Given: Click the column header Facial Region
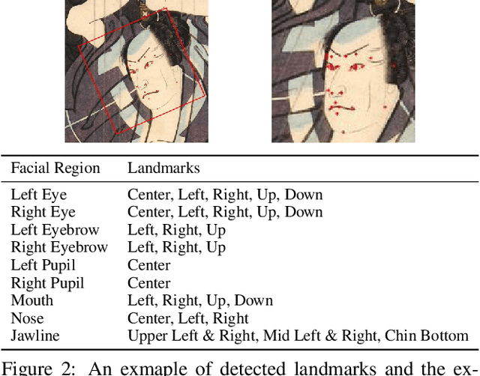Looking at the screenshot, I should coord(55,168).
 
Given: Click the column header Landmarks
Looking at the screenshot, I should coord(163,168).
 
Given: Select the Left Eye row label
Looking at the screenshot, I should coord(39,195).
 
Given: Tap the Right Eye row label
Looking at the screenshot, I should coord(43,212).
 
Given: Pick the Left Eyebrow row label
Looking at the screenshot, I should coord(55,230).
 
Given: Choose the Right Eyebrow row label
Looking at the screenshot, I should coord(59,247).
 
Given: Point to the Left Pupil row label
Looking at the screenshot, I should coord(43,265).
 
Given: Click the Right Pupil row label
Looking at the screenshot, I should coord(47,283).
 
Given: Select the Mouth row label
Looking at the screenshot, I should coord(31,300).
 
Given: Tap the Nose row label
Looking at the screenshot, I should coord(28,318).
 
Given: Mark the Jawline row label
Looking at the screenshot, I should coord(35,336).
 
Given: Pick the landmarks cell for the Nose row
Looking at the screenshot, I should coord(187,318).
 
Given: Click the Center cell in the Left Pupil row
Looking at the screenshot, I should coord(148,265).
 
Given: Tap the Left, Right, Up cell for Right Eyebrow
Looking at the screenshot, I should coord(176,247).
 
